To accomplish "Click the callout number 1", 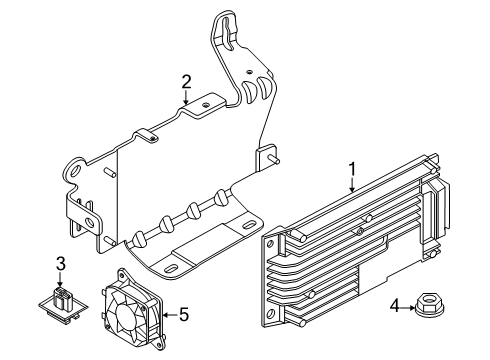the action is [x=352, y=169].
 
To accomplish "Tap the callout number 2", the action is [x=186, y=82].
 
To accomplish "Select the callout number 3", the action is [x=60, y=264].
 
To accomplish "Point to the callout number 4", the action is [x=395, y=306].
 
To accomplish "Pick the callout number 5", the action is [x=184, y=314].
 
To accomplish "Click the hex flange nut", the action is [x=430, y=306].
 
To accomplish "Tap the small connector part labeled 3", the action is [x=62, y=304].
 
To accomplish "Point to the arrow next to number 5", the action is [x=170, y=314].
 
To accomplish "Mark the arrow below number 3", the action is [x=60, y=279].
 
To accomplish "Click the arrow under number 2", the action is [x=186, y=97].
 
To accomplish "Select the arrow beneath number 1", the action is [x=352, y=185].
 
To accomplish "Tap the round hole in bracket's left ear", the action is [x=76, y=172].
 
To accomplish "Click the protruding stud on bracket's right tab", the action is [x=274, y=160].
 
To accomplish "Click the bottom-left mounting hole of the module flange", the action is [x=270, y=313].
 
